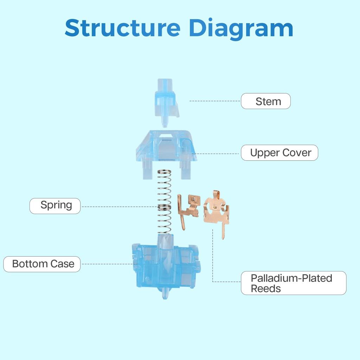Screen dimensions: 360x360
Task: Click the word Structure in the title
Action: point(122,28)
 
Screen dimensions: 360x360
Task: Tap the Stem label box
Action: point(266,101)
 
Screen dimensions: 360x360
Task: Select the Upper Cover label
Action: point(279,153)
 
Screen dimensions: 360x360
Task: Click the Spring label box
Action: point(55,206)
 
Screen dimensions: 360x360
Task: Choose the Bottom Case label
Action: point(42,264)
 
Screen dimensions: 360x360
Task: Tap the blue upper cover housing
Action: point(166,148)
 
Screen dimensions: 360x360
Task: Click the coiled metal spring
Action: point(164,202)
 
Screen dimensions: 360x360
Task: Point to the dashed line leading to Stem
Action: point(214,101)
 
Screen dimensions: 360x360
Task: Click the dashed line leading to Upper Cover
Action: point(218,154)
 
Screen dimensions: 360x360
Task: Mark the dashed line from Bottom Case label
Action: point(107,264)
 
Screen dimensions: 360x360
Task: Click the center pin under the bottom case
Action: point(165,294)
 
